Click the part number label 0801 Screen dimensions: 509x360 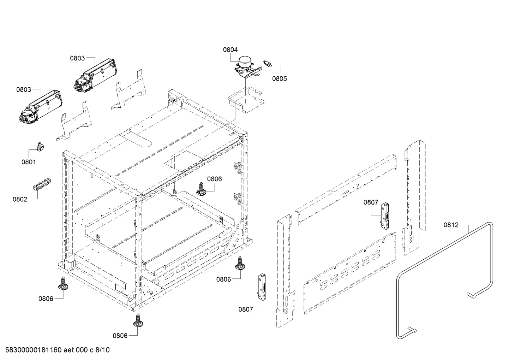29,162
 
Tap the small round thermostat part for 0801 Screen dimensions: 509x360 40,147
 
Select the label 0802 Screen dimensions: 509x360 20,199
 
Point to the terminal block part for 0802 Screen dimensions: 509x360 42,184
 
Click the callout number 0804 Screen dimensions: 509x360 230,49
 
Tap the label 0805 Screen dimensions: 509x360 280,78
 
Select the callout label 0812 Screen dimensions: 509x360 451,225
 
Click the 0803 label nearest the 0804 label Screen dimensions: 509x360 77,58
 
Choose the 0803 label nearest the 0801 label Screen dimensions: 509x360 23,90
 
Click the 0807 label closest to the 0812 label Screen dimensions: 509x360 371,202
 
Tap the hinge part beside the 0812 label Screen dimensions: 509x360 385,216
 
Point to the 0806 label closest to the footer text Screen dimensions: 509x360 120,336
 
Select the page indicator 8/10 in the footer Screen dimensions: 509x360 102,350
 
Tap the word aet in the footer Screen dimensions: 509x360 68,350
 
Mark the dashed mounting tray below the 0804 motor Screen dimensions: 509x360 246,100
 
